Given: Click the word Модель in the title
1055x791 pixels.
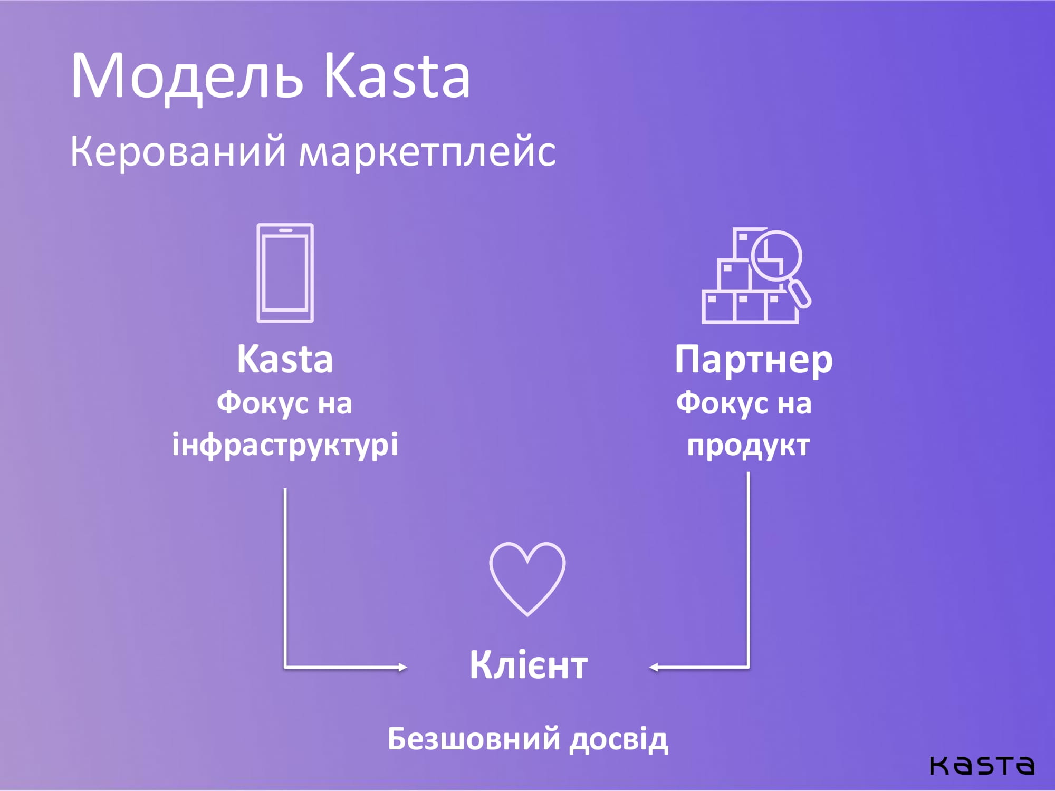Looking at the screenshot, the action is pos(187,76).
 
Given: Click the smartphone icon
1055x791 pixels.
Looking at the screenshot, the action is pos(285,273).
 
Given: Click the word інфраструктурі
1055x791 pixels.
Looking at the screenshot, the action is pos(285,446).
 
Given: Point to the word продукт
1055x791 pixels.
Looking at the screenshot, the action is pos(748,446).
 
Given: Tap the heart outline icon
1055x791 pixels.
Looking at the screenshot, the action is pos(527,579).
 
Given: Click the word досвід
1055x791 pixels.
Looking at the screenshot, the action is pos(619,739).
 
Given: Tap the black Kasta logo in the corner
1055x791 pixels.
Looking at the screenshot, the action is pos(982,765).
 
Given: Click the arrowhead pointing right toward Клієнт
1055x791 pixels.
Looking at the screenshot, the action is pos(402,668).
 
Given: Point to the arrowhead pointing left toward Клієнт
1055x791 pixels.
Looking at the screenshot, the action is pos(654,668).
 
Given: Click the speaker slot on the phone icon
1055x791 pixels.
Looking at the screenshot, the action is pos(285,230).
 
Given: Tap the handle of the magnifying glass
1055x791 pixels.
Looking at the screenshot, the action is pos(799,294).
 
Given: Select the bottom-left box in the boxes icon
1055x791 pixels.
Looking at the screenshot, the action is pos(718,307).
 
